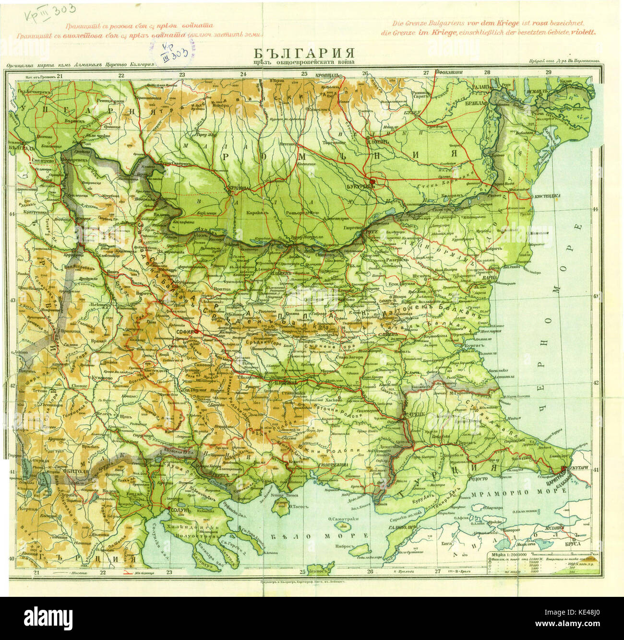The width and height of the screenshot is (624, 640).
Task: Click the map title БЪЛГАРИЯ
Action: click(x=304, y=52)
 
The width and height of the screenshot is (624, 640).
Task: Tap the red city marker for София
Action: click(x=196, y=331)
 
